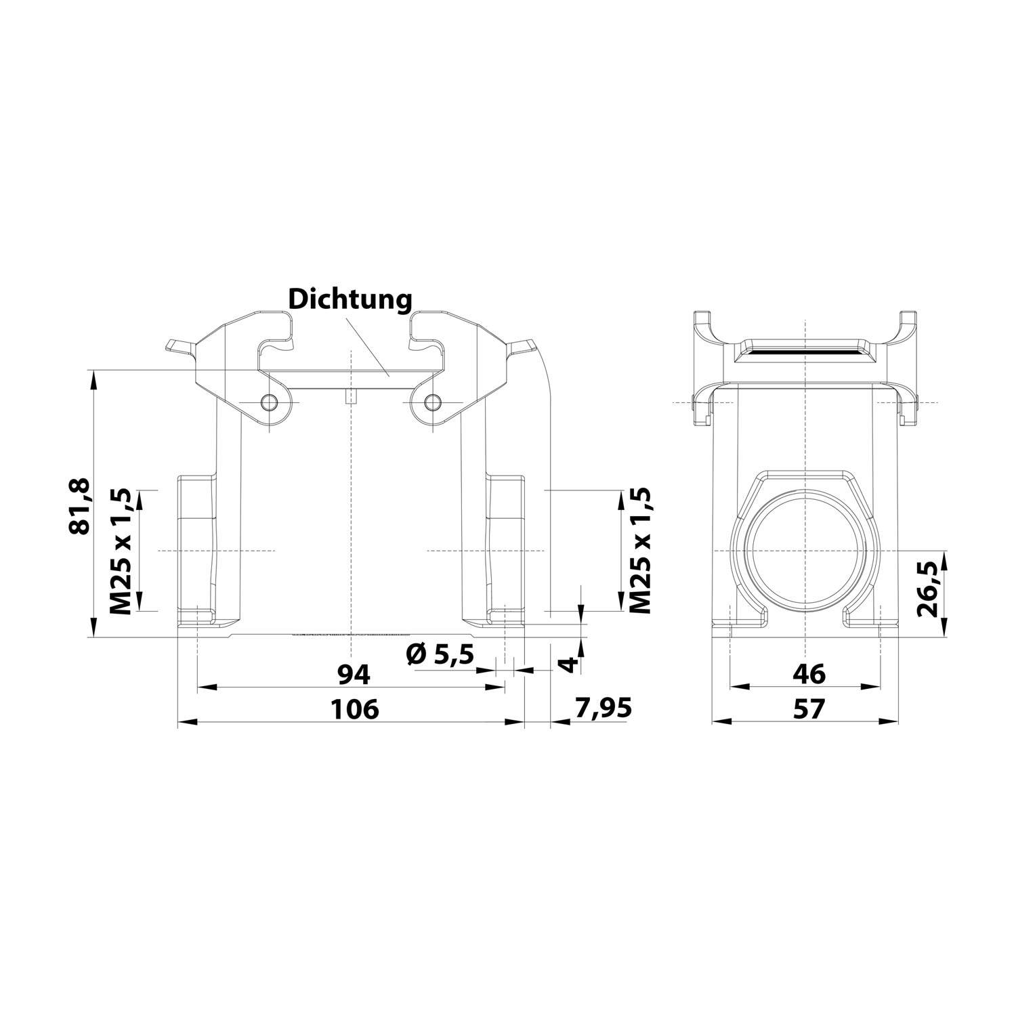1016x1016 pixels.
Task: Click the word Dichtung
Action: click(x=350, y=299)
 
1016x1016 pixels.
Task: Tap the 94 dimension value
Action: click(x=354, y=674)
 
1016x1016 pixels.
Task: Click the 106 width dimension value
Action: click(x=354, y=709)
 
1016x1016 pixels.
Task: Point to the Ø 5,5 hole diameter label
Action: click(x=439, y=655)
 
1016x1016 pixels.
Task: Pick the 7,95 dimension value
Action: click(x=602, y=708)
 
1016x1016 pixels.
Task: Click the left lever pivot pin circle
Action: click(x=272, y=403)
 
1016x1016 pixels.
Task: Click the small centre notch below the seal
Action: click(x=350, y=398)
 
